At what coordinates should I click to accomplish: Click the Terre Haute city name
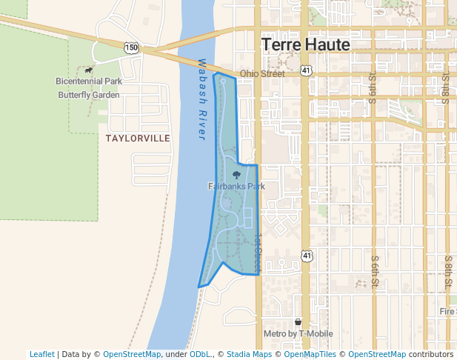[x=305, y=45]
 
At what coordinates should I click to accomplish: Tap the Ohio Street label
[x=262, y=74]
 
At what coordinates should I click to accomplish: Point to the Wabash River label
[x=201, y=100]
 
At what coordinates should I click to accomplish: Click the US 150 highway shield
[x=131, y=47]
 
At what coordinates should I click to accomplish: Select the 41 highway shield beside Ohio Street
[x=305, y=70]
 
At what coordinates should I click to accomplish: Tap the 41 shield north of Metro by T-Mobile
[x=305, y=256]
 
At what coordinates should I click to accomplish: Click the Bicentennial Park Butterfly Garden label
[x=88, y=87]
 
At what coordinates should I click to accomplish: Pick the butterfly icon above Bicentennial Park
[x=89, y=70]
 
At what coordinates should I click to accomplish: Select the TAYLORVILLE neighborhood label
[x=138, y=139]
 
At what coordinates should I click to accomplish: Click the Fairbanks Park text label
[x=236, y=187]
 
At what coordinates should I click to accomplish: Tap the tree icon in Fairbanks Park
[x=236, y=176]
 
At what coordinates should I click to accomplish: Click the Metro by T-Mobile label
[x=298, y=334]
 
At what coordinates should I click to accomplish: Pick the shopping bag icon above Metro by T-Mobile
[x=298, y=322]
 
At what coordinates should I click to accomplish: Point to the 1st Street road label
[x=258, y=252]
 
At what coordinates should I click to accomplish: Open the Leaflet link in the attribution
[x=42, y=354]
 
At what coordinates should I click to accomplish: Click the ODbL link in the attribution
[x=199, y=354]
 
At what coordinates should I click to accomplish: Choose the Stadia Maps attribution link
[x=249, y=354]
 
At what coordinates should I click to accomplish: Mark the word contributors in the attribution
[x=430, y=354]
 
